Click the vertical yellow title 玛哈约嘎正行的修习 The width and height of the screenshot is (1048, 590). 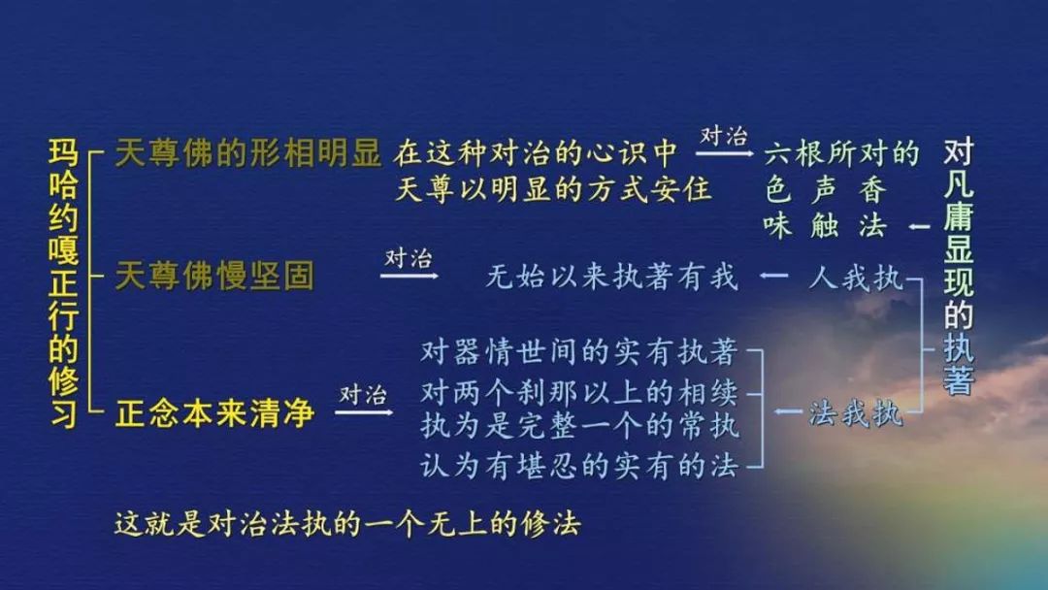coord(63,283)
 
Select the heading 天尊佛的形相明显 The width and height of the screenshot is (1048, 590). coord(248,153)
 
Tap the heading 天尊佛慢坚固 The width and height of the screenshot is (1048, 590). coord(214,276)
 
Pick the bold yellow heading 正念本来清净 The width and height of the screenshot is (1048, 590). coord(214,413)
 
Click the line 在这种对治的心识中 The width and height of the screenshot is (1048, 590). coord(536,153)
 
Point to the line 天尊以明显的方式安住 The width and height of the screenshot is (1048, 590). coord(552,189)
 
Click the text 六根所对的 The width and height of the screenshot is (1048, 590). coord(842,153)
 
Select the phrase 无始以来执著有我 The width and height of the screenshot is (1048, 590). coord(612,276)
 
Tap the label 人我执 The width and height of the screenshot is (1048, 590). coord(856,277)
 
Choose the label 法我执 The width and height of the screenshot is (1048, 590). coord(856,413)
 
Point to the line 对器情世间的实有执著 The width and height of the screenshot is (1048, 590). coord(578,351)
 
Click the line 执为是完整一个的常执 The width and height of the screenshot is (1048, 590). coord(578,426)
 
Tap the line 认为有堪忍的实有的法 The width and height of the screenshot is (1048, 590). coord(578,465)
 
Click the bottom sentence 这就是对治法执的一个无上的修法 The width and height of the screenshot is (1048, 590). coord(347,524)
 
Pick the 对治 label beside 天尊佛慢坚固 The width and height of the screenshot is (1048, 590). coord(409,258)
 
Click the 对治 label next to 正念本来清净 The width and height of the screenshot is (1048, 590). coord(363,394)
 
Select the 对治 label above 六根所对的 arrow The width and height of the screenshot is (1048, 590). coord(724,136)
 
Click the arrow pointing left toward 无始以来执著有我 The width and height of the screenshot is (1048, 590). coord(773,276)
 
